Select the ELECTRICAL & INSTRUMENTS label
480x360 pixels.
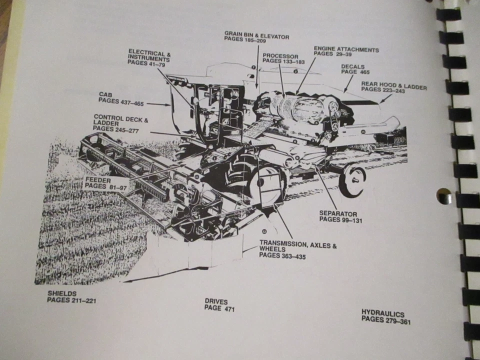149,58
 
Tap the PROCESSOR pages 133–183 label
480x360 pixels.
280,58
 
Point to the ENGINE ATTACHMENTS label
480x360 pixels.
346,51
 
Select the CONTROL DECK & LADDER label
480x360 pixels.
121,123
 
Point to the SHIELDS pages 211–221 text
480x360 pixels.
71,297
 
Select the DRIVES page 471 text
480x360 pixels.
219,305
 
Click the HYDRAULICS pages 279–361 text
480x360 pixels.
385,316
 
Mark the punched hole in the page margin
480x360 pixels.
443,195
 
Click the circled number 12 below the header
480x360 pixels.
263,231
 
